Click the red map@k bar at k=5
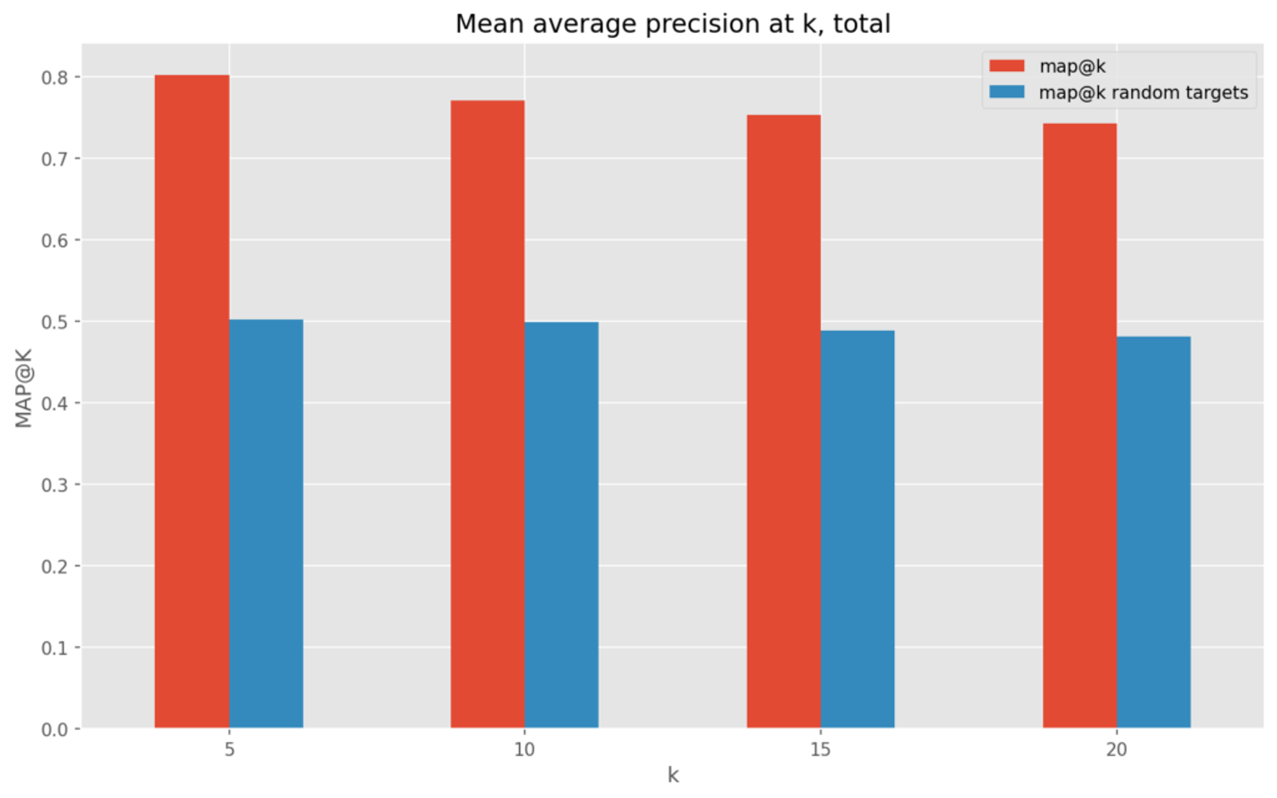[192, 401]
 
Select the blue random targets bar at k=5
[266, 524]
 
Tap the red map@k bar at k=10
[488, 414]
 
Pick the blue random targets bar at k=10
[562, 525]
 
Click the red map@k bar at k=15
[784, 421]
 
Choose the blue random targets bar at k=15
[857, 529]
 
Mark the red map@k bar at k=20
[1080, 426]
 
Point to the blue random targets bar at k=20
[1154, 532]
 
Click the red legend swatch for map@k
[1007, 66]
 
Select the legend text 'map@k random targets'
[1144, 93]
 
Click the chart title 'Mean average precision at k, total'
[673, 24]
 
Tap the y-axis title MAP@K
[24, 388]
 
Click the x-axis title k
[673, 775]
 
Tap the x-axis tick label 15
[821, 749]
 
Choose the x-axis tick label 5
[229, 749]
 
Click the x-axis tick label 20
[1117, 749]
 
